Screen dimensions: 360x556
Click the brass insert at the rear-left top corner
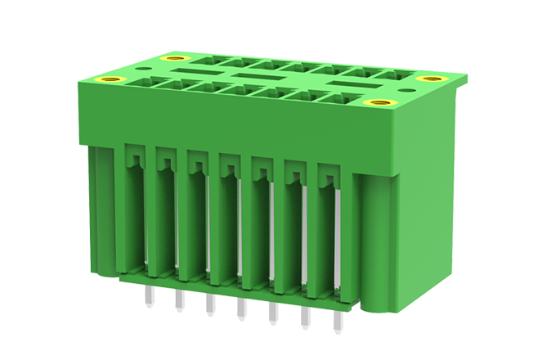[x=174, y=59]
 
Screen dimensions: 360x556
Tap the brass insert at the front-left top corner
[x=110, y=79]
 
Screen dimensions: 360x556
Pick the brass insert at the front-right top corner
[x=377, y=103]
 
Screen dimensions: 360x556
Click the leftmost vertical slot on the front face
[x=133, y=213]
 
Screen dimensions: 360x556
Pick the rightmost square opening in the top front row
[x=343, y=98]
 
